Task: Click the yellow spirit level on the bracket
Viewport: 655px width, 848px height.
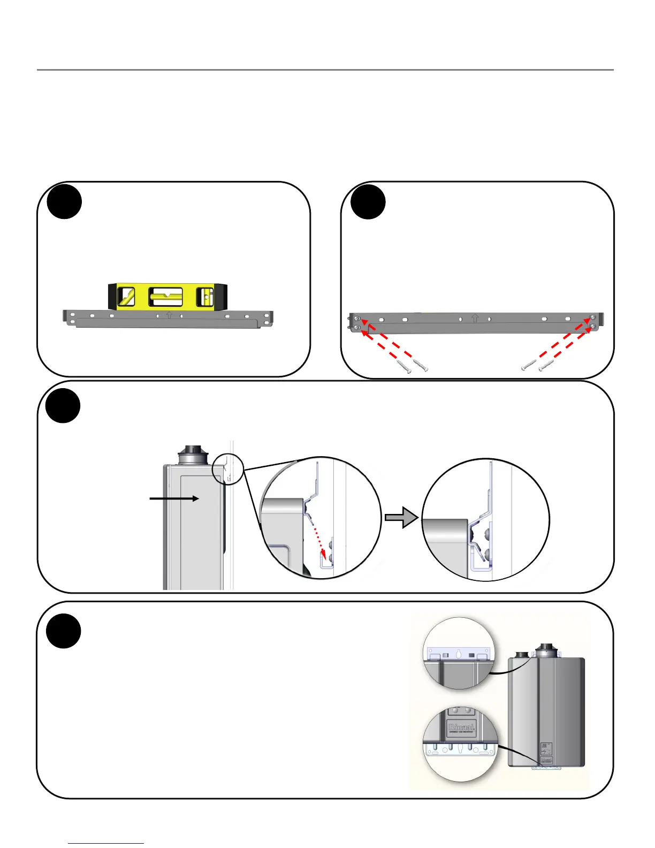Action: [x=168, y=297]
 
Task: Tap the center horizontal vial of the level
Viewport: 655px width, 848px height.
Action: [x=165, y=297]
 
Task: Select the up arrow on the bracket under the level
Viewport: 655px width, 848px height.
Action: [x=169, y=315]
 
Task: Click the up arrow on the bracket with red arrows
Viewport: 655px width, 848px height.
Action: [x=475, y=319]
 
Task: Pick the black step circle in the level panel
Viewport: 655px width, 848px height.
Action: [x=64, y=202]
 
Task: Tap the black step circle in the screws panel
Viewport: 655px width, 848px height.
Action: [x=368, y=202]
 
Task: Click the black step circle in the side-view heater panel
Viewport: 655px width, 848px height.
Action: [x=63, y=406]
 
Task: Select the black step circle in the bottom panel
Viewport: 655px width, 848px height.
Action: [x=63, y=632]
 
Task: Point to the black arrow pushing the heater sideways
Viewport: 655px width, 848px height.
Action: [x=174, y=498]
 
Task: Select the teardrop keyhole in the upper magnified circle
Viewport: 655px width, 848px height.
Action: [x=459, y=654]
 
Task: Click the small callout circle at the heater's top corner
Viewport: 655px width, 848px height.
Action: [x=228, y=470]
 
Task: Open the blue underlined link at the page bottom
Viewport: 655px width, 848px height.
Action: [x=106, y=843]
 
